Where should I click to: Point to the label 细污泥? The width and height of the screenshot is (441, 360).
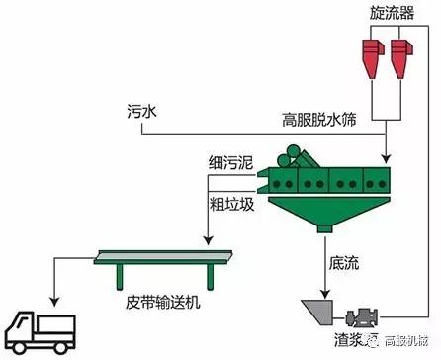(x=229, y=158)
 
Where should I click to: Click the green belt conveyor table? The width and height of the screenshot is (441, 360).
(x=162, y=262)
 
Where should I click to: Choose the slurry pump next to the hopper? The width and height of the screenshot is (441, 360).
(x=363, y=317)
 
